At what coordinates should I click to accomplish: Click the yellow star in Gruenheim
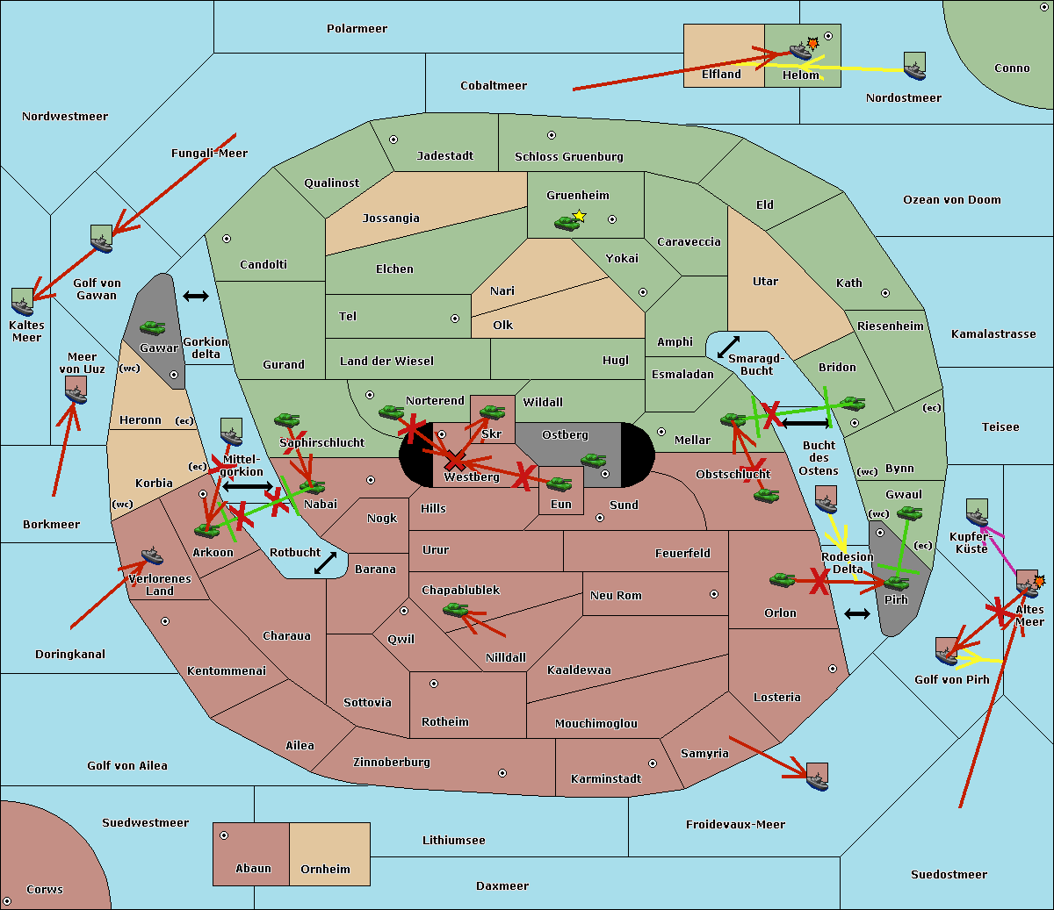pyautogui.click(x=580, y=216)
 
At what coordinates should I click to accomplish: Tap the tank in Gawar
pyautogui.click(x=153, y=328)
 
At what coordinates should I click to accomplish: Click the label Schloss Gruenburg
pyautogui.click(x=568, y=156)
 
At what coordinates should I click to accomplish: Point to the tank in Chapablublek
pyautogui.click(x=455, y=609)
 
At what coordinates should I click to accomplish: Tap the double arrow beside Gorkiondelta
pyautogui.click(x=196, y=296)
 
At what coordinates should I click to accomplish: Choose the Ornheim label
pyautogui.click(x=325, y=869)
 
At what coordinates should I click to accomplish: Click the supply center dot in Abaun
pyautogui.click(x=224, y=835)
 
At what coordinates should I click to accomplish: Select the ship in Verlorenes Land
pyautogui.click(x=152, y=555)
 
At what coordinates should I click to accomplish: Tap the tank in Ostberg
pyautogui.click(x=594, y=460)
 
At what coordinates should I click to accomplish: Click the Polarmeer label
pyautogui.click(x=357, y=29)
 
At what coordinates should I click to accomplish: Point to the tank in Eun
pyautogui.click(x=559, y=484)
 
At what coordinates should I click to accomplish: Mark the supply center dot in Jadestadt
pyautogui.click(x=393, y=140)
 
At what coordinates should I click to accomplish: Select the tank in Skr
pyautogui.click(x=492, y=412)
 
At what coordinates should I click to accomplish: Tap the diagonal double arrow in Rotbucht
pyautogui.click(x=325, y=562)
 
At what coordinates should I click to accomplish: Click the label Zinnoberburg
pyautogui.click(x=392, y=762)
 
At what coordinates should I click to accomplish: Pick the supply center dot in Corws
pyautogui.click(x=7, y=901)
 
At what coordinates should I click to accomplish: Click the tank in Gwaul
pyautogui.click(x=910, y=512)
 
